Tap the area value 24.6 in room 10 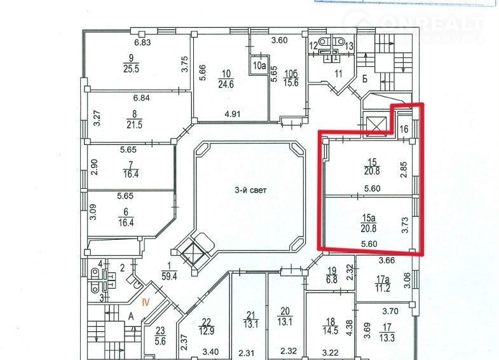[225, 83]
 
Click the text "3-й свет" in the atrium [245, 189]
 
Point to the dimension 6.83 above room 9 [141, 43]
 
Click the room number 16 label [404, 128]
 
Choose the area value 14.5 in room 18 [331, 331]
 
